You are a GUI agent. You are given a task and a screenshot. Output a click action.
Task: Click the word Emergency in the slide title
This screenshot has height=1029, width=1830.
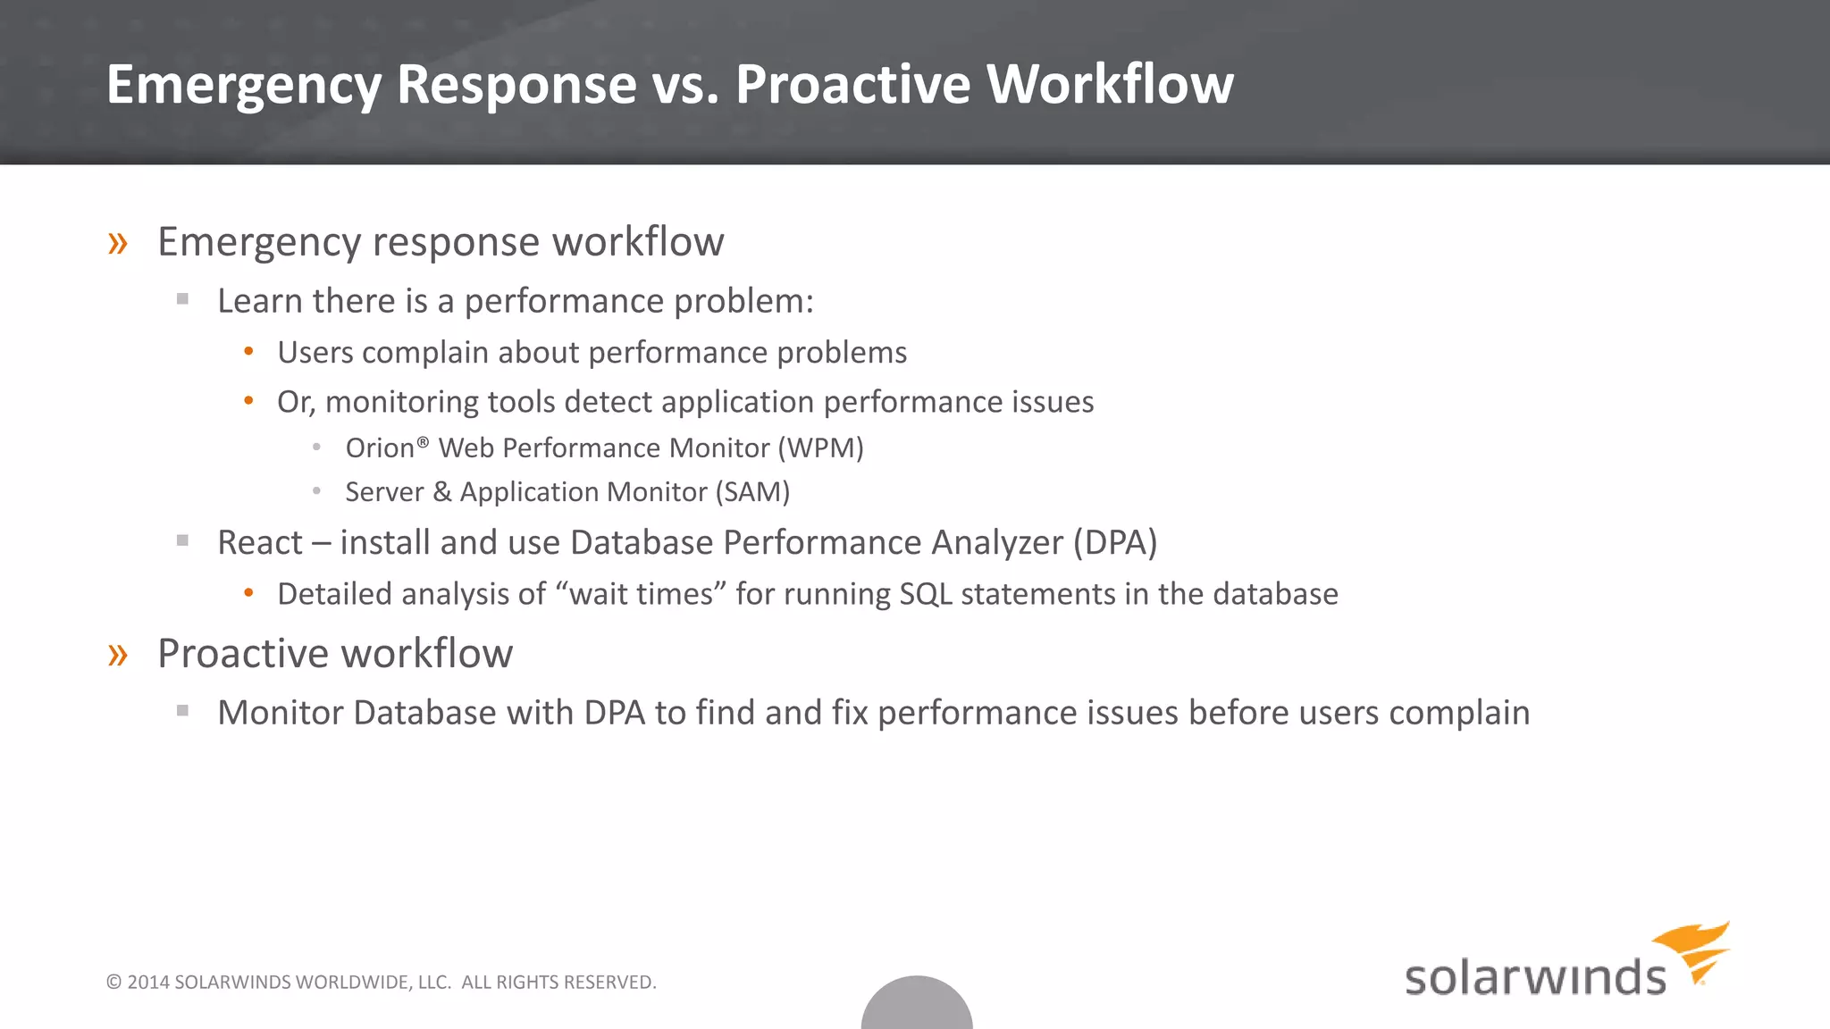click(243, 85)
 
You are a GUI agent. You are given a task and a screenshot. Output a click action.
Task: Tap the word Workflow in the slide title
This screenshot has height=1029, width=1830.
click(1110, 85)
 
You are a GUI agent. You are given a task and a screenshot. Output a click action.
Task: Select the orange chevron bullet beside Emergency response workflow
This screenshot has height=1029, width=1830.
click(118, 243)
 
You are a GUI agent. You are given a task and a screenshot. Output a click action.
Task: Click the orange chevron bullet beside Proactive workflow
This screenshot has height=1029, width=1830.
click(118, 655)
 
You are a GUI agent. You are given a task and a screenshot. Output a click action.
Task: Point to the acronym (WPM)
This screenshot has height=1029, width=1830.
click(820, 448)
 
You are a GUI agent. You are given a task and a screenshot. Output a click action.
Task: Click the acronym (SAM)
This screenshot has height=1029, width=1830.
click(751, 492)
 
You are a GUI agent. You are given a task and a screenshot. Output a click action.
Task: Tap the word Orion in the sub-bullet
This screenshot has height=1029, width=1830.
click(380, 448)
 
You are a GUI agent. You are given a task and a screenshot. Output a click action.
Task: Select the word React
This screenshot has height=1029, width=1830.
click(260, 542)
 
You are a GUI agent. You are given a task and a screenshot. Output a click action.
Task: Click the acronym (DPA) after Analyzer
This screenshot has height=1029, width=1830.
click(1114, 542)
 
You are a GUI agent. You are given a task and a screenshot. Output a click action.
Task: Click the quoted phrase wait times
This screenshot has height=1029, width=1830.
click(641, 594)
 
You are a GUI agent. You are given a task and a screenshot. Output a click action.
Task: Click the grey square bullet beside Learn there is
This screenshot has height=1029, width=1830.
click(183, 300)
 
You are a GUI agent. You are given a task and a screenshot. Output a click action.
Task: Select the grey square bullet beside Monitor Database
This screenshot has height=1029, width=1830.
click(183, 711)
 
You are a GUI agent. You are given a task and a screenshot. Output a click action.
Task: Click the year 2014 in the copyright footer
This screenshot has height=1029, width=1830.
click(147, 983)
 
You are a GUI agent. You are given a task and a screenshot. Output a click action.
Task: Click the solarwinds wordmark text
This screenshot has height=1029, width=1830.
click(1535, 978)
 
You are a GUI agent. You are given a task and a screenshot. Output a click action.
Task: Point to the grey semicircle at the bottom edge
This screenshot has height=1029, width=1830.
click(917, 1008)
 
